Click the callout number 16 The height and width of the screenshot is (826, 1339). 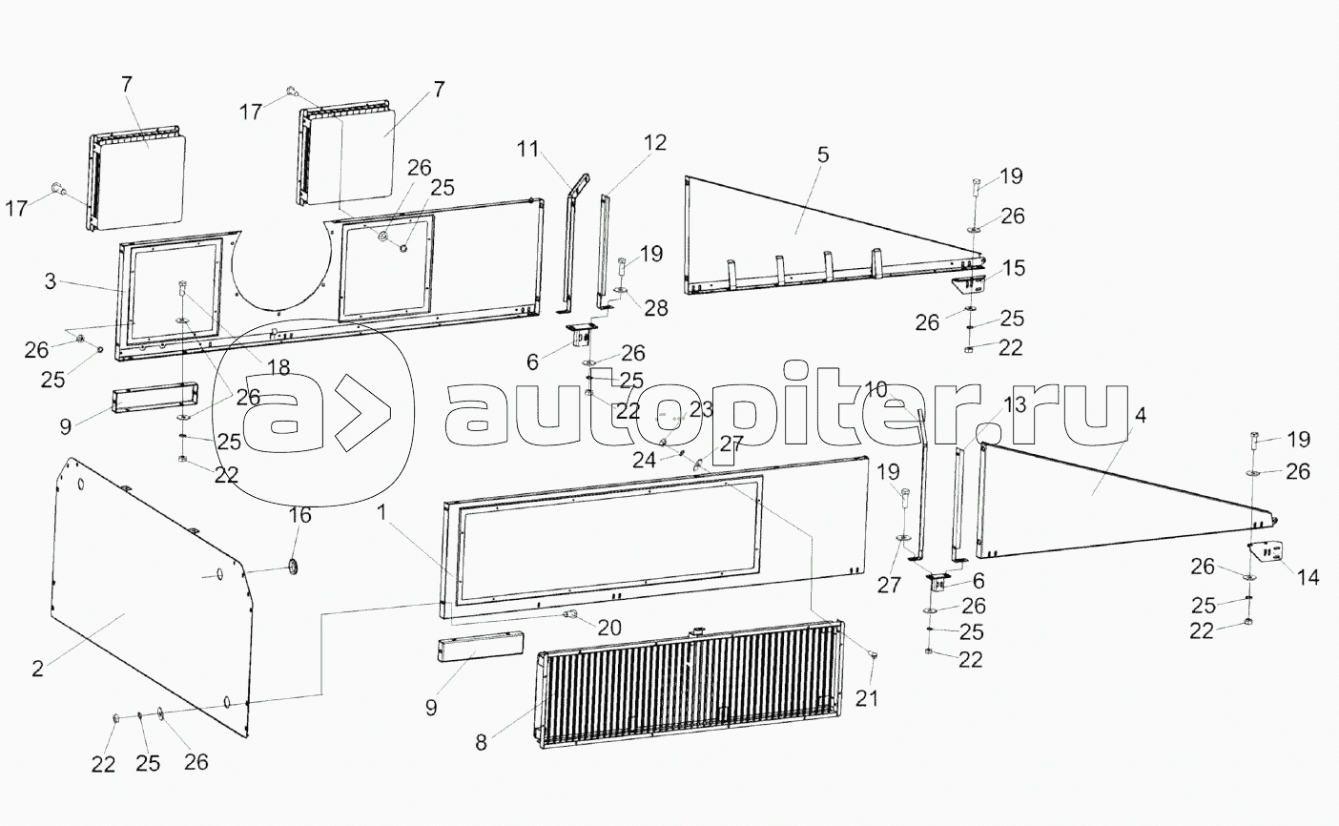point(299,516)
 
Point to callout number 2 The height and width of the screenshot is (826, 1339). point(38,668)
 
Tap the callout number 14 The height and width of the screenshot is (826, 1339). point(1307,577)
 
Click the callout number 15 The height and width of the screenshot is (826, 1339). point(1013,269)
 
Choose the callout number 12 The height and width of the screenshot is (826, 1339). point(654,143)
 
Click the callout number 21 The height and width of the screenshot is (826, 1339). point(865,699)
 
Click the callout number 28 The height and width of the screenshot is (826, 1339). point(655,308)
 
